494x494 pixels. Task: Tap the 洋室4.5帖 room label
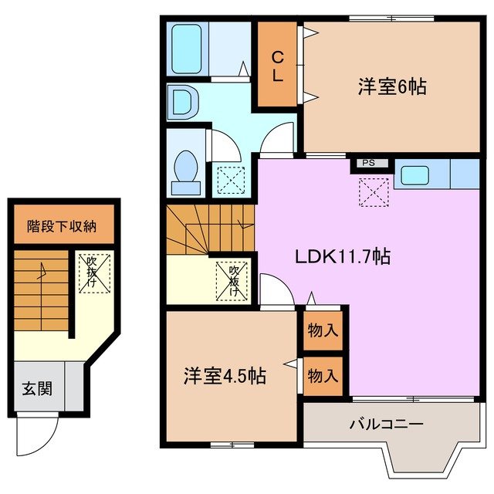[x=225, y=376]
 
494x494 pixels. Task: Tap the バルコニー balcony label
[x=386, y=424]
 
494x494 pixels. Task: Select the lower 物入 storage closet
[x=323, y=376]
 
